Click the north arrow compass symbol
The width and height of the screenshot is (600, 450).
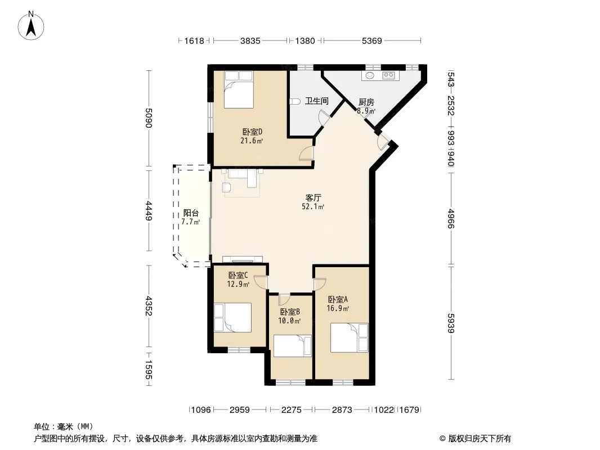click(31, 26)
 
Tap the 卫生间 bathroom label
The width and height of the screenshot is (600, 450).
click(316, 101)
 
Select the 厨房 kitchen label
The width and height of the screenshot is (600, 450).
click(366, 102)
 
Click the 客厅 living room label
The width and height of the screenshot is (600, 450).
click(313, 197)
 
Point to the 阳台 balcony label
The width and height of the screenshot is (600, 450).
click(191, 213)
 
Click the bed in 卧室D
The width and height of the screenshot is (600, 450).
click(239, 89)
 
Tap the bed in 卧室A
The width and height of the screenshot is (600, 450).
click(349, 337)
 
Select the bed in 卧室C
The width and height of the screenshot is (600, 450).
click(232, 317)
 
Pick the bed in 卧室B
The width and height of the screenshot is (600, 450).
click(293, 346)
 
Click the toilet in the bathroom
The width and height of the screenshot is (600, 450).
click(295, 101)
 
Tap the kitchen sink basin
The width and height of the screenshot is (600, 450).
click(370, 75)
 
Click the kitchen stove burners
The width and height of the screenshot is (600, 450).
click(388, 75)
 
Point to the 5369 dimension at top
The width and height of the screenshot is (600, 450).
click(372, 40)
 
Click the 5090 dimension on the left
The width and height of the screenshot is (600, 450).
click(149, 118)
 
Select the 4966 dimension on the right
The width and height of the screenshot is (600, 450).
click(451, 219)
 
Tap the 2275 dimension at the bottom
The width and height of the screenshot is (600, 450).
click(291, 410)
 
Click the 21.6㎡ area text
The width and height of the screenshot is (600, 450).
click(252, 141)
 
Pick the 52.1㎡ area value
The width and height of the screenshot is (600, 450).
click(313, 207)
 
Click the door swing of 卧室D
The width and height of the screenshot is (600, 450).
click(307, 153)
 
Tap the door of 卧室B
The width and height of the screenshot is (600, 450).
click(285, 299)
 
